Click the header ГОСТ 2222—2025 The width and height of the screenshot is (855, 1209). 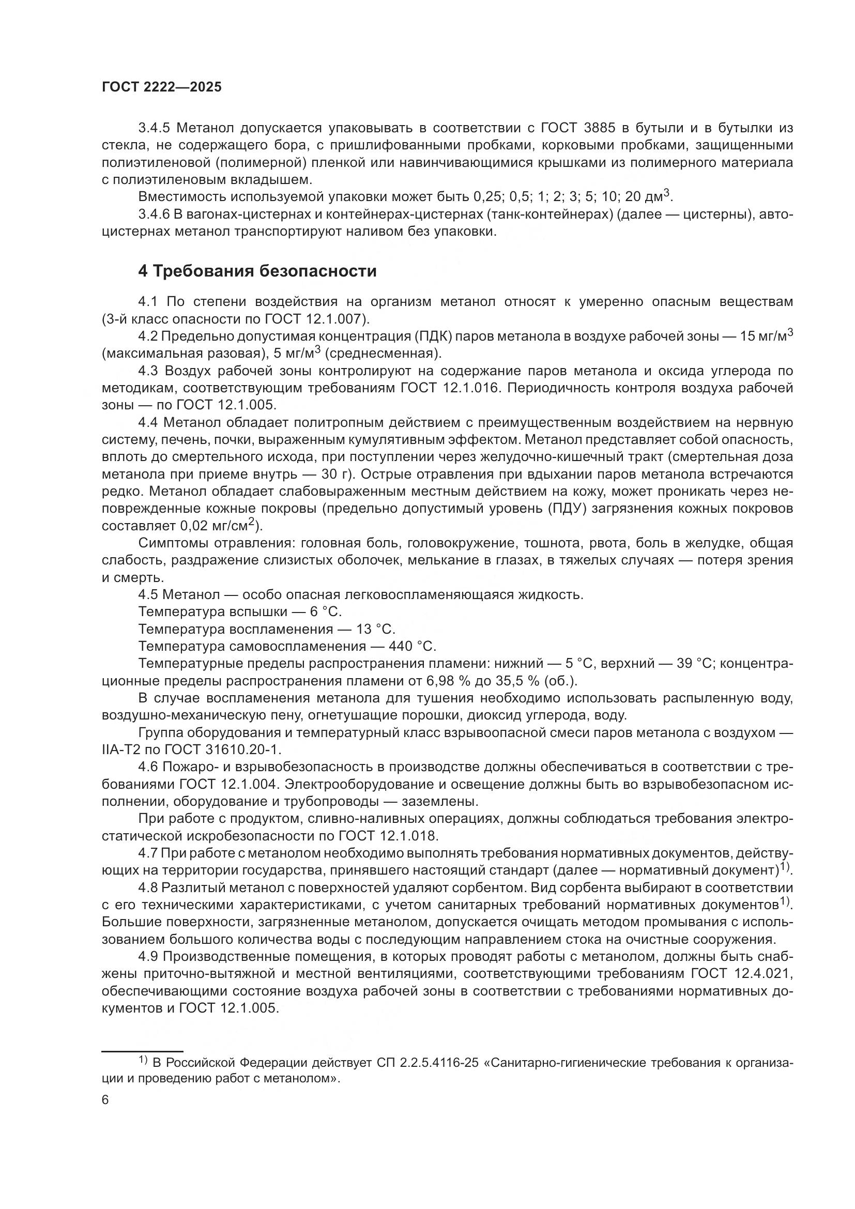(x=162, y=87)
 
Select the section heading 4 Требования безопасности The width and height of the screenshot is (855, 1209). (x=257, y=271)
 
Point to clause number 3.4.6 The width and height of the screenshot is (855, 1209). (x=154, y=215)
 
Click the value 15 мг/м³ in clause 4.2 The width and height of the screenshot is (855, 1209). (x=766, y=336)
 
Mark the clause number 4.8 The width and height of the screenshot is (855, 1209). (x=148, y=887)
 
